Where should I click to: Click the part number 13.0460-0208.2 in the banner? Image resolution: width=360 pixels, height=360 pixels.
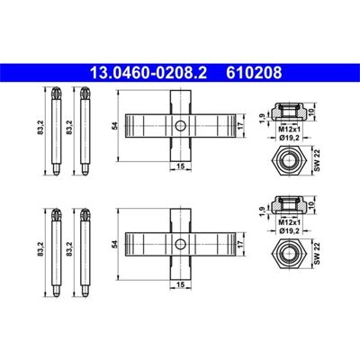tap(148, 73)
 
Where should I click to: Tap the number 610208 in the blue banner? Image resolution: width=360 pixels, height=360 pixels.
tap(254, 73)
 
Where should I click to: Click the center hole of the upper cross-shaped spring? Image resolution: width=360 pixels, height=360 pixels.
tap(180, 126)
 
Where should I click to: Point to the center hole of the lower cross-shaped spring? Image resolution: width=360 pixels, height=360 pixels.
tap(180, 244)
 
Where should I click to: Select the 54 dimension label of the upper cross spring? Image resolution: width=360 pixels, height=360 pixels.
tap(114, 126)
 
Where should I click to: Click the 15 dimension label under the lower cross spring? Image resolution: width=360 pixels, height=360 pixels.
tap(180, 284)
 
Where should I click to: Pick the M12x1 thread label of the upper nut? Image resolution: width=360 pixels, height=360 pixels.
tap(290, 130)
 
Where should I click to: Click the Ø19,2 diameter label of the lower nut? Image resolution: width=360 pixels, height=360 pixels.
tap(290, 230)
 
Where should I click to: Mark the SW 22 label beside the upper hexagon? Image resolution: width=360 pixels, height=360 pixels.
tap(318, 159)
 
